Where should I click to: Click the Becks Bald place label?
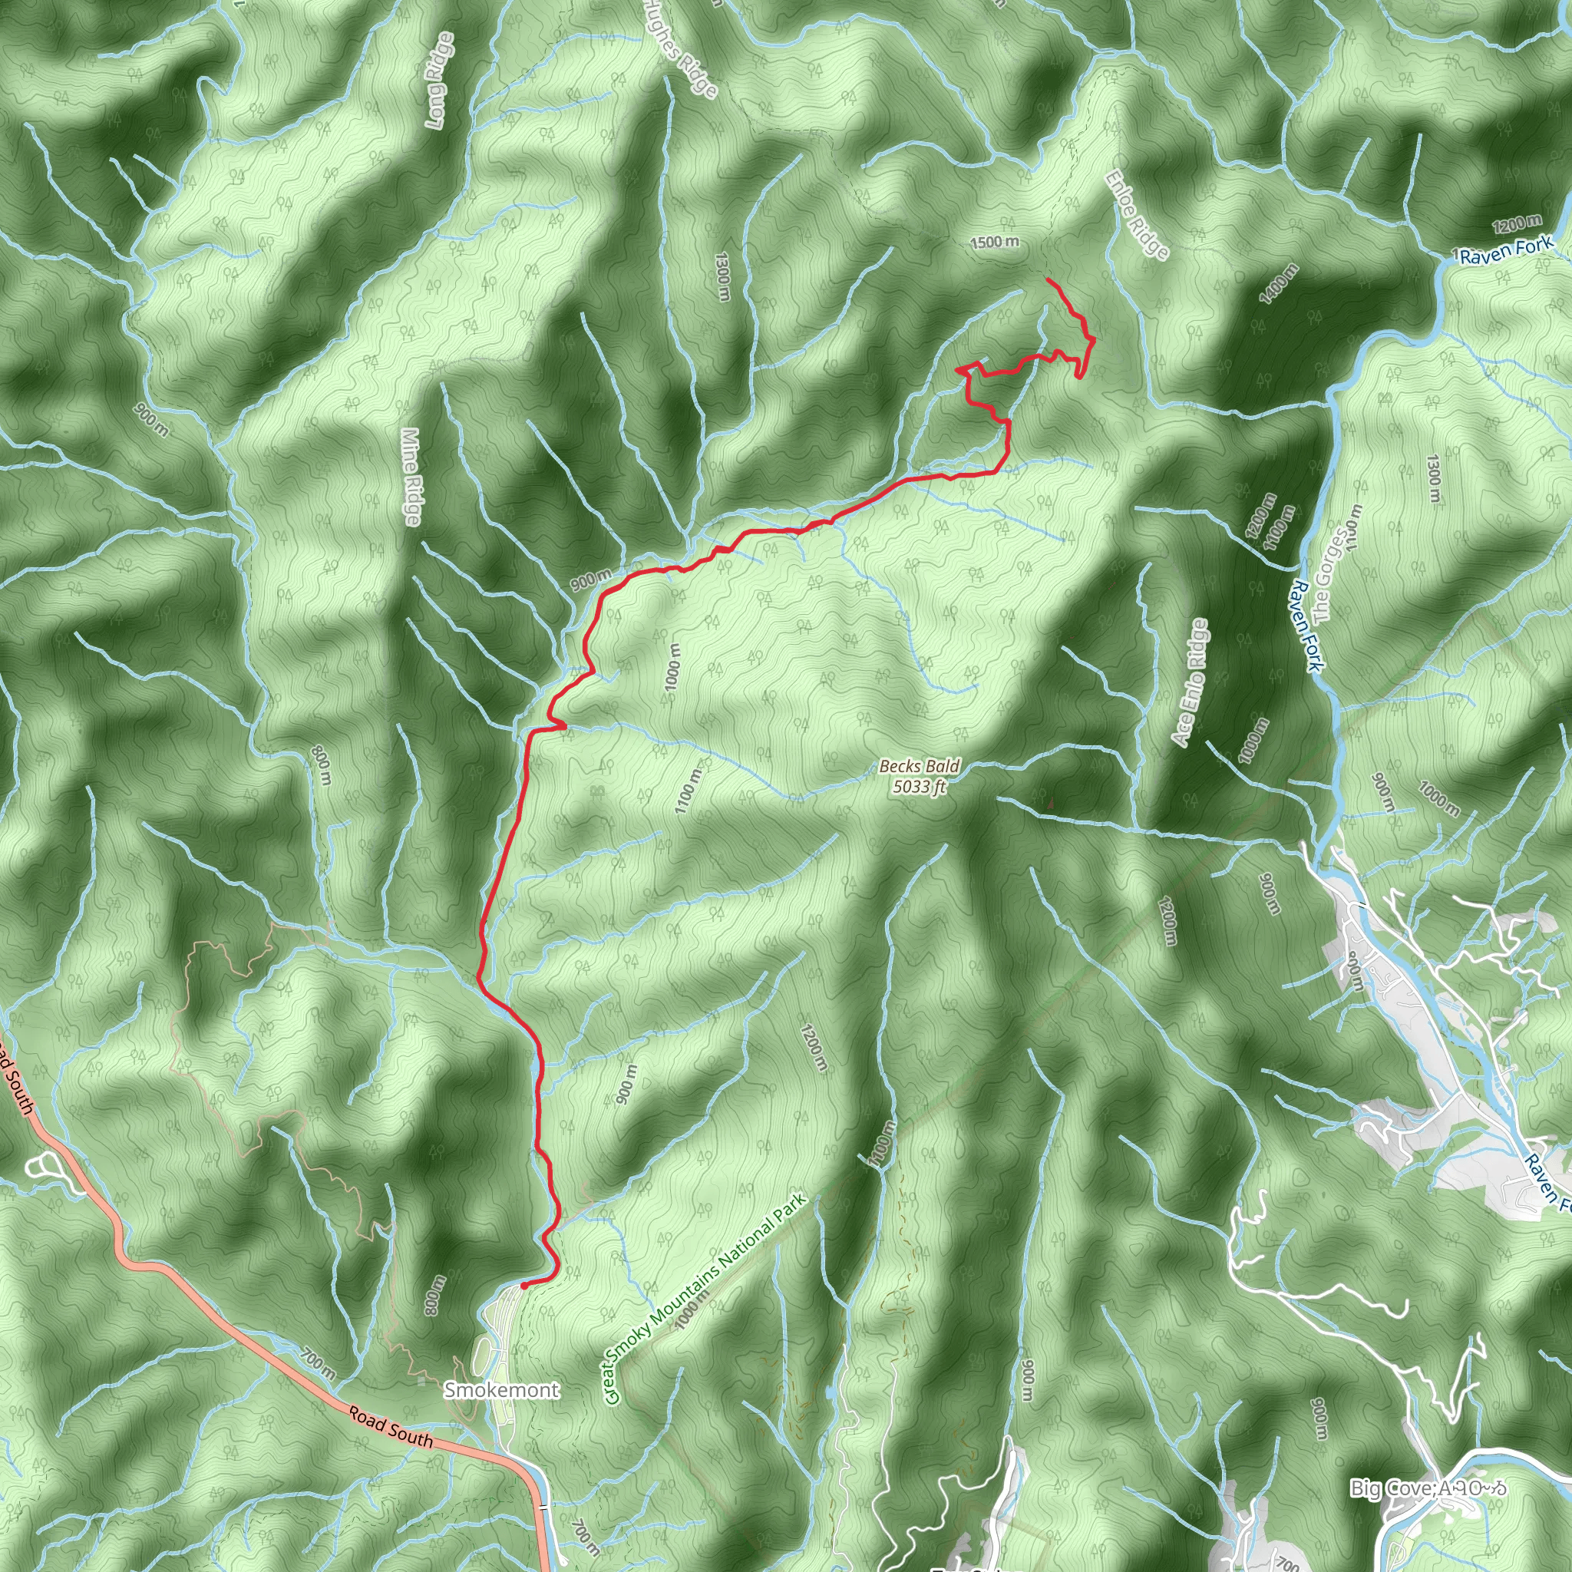coord(920,767)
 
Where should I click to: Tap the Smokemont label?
coord(501,1390)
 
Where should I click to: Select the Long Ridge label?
coord(439,80)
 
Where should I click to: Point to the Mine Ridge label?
coord(411,477)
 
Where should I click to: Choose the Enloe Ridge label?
coord(1137,215)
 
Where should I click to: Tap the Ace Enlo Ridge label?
coord(1190,682)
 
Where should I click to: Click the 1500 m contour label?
coord(994,243)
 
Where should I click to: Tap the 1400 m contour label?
coord(1278,284)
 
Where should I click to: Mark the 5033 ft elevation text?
coord(920,787)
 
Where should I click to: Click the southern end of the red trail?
coord(523,1286)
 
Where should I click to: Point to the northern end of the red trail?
coord(1047,280)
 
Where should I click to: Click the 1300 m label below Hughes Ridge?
coord(722,277)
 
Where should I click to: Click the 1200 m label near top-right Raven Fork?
coord(1517,224)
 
